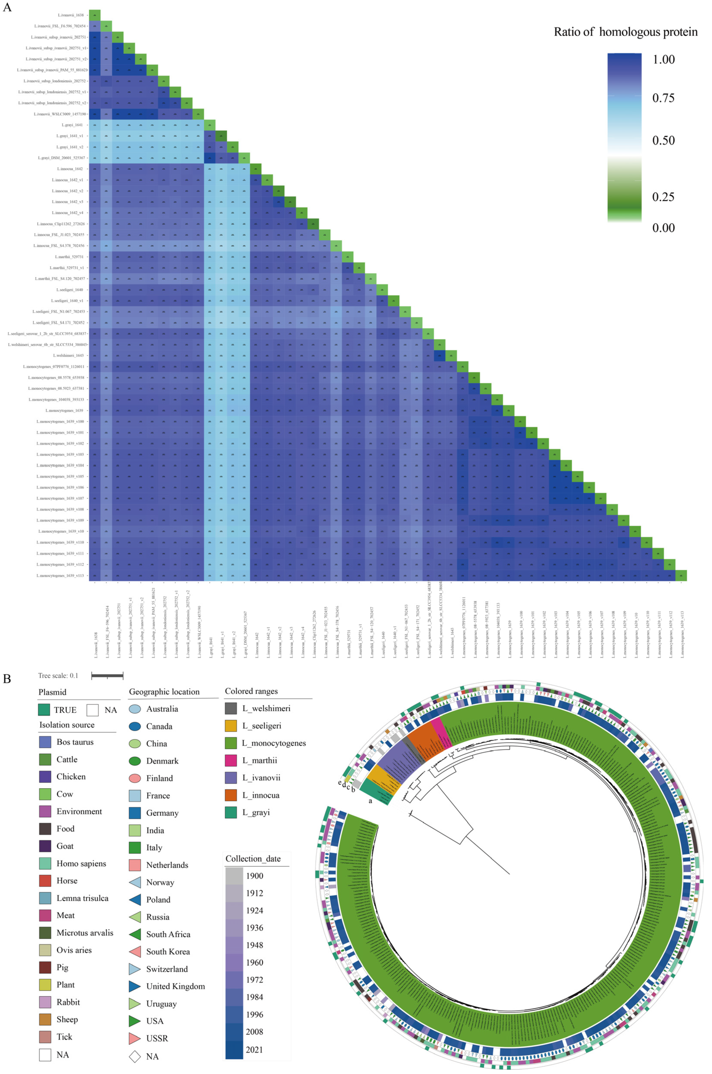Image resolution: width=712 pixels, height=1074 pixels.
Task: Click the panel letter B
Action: point(7,679)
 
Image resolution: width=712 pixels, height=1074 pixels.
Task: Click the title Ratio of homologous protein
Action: point(625,32)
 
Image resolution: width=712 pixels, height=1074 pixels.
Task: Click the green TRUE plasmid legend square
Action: point(44,710)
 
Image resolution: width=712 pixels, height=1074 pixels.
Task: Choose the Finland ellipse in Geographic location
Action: point(135,778)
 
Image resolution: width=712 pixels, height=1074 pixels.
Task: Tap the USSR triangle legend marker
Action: point(135,1038)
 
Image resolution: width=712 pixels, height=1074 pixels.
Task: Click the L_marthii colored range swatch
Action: point(231,761)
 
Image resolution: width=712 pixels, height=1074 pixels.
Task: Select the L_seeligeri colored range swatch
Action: point(231,726)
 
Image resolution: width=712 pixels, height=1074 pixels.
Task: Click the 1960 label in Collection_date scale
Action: point(254,962)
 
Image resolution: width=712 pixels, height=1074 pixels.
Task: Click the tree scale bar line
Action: point(107,676)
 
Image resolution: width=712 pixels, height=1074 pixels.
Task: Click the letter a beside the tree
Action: point(370,800)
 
